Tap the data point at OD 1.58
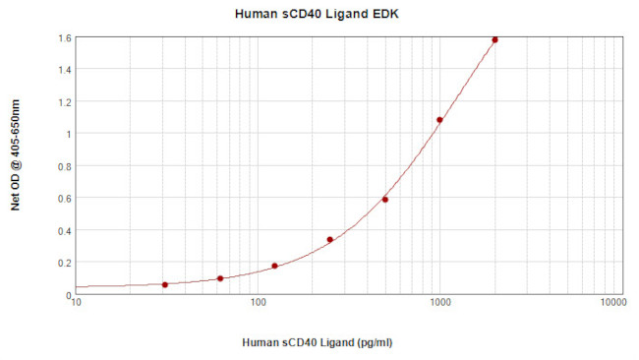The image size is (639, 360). (x=494, y=40)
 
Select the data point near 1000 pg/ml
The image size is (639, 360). (x=439, y=120)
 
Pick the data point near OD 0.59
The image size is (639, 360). (x=385, y=200)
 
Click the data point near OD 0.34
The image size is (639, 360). (x=330, y=239)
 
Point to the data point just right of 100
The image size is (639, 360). (x=274, y=266)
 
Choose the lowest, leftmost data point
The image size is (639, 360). (x=165, y=284)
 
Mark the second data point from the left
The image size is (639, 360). (x=220, y=278)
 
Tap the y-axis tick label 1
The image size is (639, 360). (x=66, y=134)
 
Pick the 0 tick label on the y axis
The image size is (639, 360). (x=66, y=294)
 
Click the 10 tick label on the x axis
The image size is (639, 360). (x=77, y=304)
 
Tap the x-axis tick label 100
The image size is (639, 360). (x=258, y=304)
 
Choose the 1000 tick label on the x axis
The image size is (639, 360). (x=439, y=304)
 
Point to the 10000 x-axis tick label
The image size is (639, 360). (x=613, y=304)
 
